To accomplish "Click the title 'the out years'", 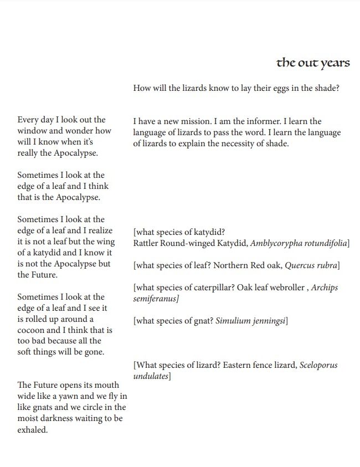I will click(313, 63).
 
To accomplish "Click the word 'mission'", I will click(190, 121).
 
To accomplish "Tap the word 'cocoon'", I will click(33, 330).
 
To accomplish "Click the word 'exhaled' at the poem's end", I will click(33, 429).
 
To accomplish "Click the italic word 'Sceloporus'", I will click(318, 365).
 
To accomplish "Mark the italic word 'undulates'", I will click(151, 376).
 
